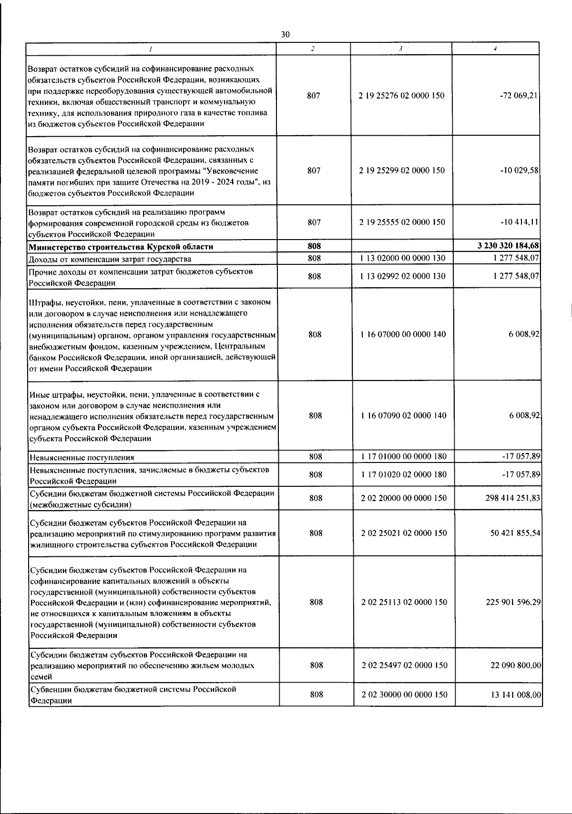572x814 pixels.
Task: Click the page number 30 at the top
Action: pos(285,34)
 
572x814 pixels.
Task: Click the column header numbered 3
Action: pos(401,49)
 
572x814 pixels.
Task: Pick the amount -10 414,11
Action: pos(520,222)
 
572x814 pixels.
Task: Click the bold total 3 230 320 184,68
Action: pos(508,246)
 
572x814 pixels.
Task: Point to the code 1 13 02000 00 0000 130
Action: pos(403,259)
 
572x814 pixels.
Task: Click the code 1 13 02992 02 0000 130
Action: pos(403,276)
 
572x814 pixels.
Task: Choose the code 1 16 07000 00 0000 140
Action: pos(403,334)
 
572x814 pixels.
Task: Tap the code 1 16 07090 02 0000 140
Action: pos(404,415)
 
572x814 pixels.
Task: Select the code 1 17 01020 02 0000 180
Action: pos(404,474)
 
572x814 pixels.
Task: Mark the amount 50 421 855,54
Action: pos(515,533)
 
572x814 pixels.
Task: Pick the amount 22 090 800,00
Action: pos(516,665)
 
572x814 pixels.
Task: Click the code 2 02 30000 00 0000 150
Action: pos(404,694)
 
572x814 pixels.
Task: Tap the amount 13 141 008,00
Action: pos(516,695)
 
